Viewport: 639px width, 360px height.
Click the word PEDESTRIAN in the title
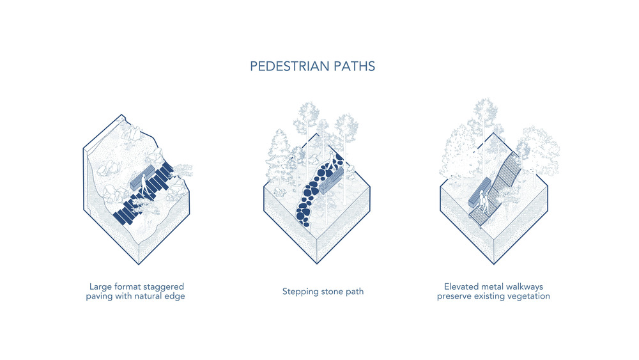[x=290, y=67]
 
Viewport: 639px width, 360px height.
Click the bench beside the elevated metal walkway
[x=479, y=192]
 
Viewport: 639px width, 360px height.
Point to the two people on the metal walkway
[x=483, y=203]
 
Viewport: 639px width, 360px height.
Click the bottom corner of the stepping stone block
[x=317, y=263]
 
